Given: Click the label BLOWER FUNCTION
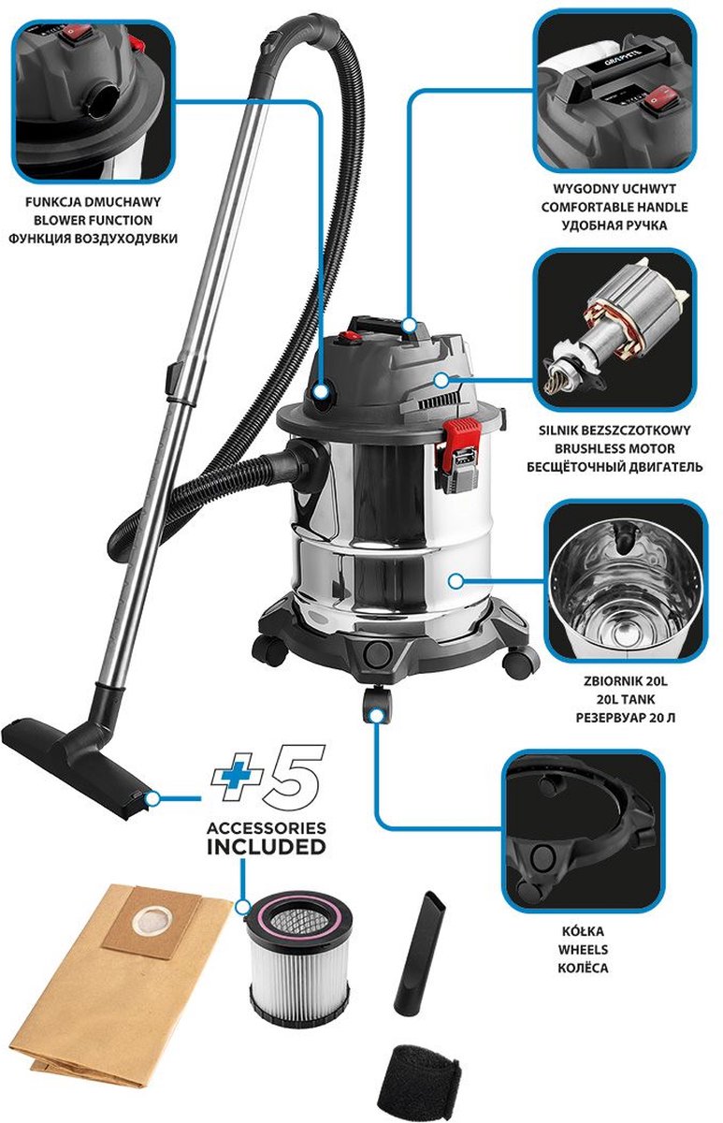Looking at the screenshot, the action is tap(93, 220).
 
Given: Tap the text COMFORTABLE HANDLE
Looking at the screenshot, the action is tap(615, 207).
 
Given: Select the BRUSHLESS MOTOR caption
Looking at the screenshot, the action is tap(615, 448).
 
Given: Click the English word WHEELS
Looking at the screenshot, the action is tap(584, 950).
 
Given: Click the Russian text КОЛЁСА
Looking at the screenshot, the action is tap(584, 968).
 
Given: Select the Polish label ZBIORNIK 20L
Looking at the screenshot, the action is tap(626, 681).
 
